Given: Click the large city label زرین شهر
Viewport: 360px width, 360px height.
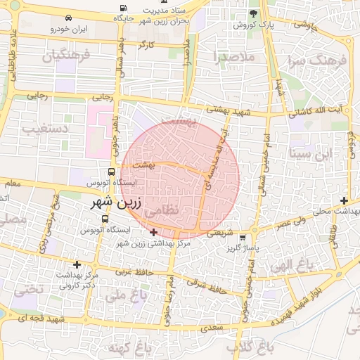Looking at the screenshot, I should [x=107, y=202].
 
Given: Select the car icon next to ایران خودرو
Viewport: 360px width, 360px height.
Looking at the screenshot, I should [x=67, y=18].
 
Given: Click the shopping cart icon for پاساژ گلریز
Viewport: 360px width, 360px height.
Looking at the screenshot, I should [x=243, y=237].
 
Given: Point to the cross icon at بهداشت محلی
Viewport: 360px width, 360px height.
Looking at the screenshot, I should [x=343, y=200].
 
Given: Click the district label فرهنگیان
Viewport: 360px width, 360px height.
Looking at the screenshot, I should [x=66, y=56].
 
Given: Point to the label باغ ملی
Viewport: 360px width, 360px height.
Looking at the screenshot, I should [x=123, y=295].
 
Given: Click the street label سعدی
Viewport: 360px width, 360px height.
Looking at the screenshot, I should [x=211, y=327].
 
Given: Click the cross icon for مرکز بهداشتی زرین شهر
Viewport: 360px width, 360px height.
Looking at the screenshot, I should [x=154, y=232].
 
